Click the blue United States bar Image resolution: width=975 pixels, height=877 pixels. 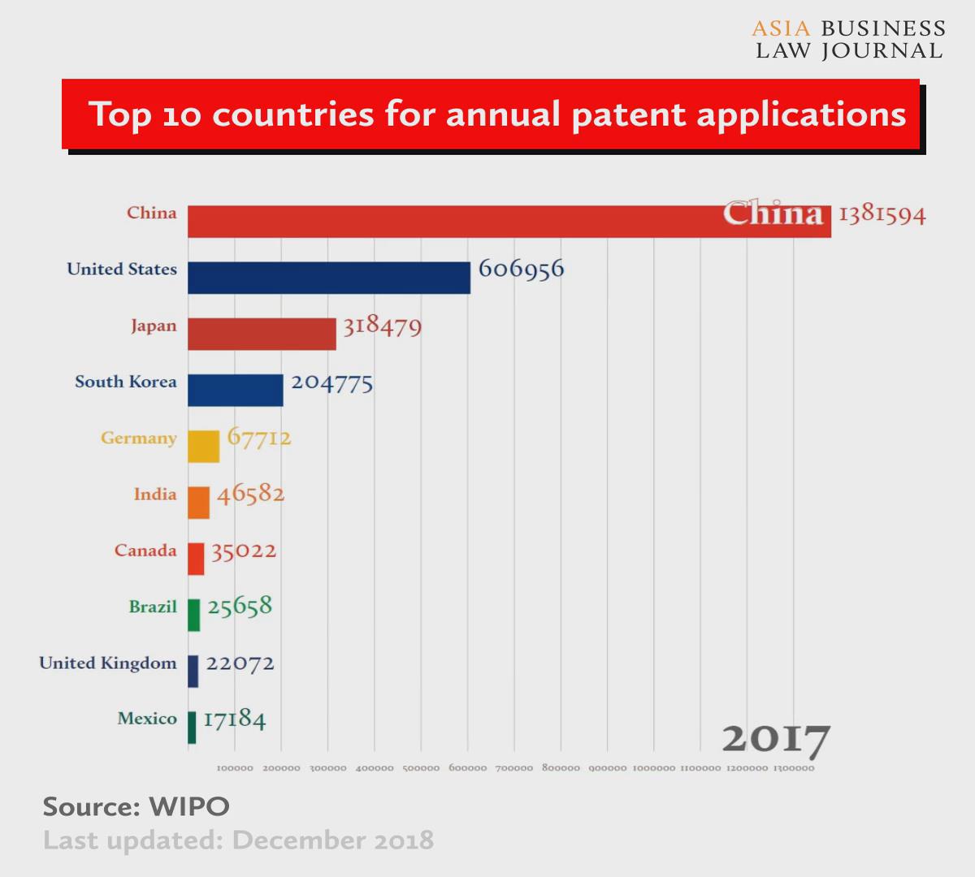pos(328,278)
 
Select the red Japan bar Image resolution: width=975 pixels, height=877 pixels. pos(262,334)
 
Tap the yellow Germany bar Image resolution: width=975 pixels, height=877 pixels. pos(203,446)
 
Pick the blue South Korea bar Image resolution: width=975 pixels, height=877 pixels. pos(236,390)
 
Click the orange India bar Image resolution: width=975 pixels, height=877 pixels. pos(198,503)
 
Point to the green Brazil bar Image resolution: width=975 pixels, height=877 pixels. pos(193,615)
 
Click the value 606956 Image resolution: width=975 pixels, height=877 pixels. pos(521,269)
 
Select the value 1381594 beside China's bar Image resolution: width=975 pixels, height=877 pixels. pos(882,215)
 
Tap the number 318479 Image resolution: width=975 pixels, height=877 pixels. pos(382,326)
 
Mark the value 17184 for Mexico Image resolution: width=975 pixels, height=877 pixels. pos(234,719)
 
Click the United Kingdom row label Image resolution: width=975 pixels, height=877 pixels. pos(108,663)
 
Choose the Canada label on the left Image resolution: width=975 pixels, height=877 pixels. pos(145,551)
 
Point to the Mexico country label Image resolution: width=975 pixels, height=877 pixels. pos(147,719)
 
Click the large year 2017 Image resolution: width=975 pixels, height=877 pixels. pos(776,739)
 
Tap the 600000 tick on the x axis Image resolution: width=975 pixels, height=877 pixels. pos(468,768)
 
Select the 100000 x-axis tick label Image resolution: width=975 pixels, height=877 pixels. pos(235,768)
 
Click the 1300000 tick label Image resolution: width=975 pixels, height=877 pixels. pos(794,768)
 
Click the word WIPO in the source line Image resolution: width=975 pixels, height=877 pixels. pos(189,806)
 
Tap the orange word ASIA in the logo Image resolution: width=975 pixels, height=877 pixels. pos(781,29)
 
